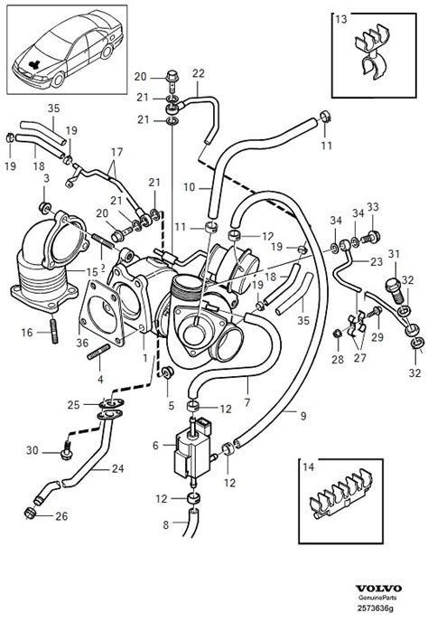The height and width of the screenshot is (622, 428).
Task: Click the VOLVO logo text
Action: point(378,589)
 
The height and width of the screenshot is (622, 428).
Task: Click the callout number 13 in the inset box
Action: point(340,19)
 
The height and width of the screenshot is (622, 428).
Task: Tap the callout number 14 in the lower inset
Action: point(308,466)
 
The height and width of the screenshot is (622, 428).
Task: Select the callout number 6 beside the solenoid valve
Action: point(155,445)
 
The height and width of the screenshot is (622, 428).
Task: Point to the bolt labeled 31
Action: point(395,290)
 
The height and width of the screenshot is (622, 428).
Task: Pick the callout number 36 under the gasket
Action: point(82,343)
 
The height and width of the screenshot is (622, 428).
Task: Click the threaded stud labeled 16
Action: point(54,332)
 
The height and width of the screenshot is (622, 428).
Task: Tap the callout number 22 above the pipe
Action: point(199,73)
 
